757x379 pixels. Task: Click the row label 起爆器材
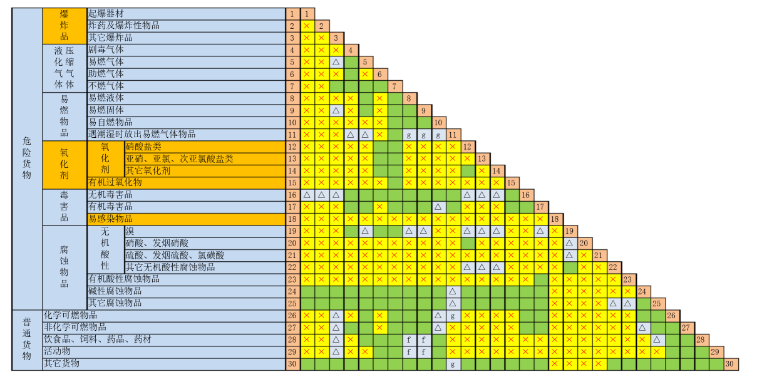click(106, 14)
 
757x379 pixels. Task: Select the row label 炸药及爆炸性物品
click(123, 26)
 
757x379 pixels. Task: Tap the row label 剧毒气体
click(106, 49)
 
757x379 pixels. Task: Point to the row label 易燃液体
click(106, 98)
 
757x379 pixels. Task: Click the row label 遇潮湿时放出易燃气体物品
click(142, 134)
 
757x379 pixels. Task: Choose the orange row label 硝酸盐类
click(143, 147)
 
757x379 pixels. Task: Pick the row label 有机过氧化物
click(115, 182)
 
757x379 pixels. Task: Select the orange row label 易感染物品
click(110, 219)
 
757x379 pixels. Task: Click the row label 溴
click(130, 231)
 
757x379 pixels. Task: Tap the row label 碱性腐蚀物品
click(115, 291)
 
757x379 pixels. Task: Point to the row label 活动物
click(56, 351)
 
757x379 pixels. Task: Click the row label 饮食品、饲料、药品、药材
click(97, 339)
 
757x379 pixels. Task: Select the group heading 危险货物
click(26, 158)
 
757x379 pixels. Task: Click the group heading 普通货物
click(26, 339)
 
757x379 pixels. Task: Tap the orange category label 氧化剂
click(64, 164)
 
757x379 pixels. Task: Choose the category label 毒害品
click(64, 207)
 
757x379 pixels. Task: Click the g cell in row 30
click(452, 363)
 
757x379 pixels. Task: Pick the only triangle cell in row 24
click(452, 291)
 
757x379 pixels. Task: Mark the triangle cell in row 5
click(336, 62)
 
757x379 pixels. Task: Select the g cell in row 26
click(452, 315)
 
